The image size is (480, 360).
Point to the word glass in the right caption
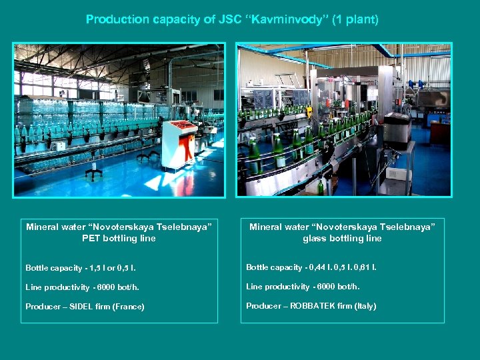click(315, 238)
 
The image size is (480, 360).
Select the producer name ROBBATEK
click(312, 306)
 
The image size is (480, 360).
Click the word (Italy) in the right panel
click(364, 306)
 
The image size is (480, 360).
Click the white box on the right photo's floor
click(399, 175)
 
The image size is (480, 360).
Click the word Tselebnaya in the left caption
click(189, 227)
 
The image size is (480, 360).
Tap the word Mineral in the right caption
click(265, 227)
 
